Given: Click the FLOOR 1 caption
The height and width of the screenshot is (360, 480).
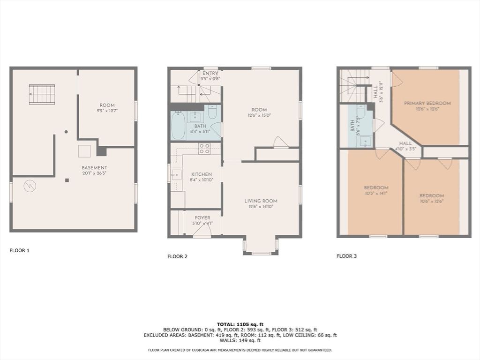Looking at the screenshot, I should [x=20, y=250].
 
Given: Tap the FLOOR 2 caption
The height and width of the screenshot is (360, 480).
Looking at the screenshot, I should [x=177, y=256].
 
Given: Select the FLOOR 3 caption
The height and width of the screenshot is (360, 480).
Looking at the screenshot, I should [x=346, y=256].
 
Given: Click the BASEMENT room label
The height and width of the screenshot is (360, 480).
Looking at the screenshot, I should [x=94, y=168].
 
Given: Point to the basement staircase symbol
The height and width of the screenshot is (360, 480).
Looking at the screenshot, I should [x=42, y=94].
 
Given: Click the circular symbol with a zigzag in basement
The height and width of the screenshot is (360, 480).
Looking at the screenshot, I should [x=30, y=186].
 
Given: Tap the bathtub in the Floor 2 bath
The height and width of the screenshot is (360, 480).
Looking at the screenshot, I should [x=178, y=125].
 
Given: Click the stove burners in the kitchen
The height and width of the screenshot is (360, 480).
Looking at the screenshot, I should [x=204, y=149].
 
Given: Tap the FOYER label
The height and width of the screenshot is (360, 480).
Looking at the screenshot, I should [x=202, y=218].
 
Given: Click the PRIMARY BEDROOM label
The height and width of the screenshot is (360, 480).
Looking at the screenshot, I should [x=427, y=103].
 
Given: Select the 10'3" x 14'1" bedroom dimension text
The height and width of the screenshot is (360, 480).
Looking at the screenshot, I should [x=375, y=193].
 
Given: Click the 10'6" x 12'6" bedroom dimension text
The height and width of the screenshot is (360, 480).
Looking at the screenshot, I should [x=432, y=201].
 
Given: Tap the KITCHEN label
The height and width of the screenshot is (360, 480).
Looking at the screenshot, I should [x=201, y=174].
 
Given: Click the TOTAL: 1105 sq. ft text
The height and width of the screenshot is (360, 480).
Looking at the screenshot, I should [x=240, y=324].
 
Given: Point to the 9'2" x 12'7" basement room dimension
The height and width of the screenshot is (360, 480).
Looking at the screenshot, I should [x=107, y=111].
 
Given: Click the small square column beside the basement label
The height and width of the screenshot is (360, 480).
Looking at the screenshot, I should [x=67, y=180].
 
